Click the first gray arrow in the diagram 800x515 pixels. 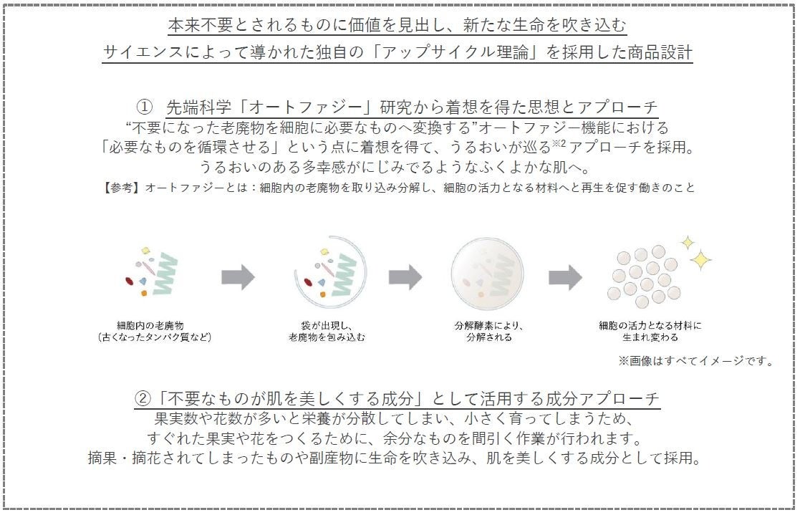[x=238, y=277]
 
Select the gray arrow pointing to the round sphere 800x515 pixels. [x=405, y=277]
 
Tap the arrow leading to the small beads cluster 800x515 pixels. [x=565, y=277]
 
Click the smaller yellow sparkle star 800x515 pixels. [x=686, y=242]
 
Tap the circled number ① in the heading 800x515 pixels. [x=145, y=107]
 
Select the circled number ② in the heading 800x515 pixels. [x=143, y=398]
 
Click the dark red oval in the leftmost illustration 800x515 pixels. [x=130, y=281]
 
